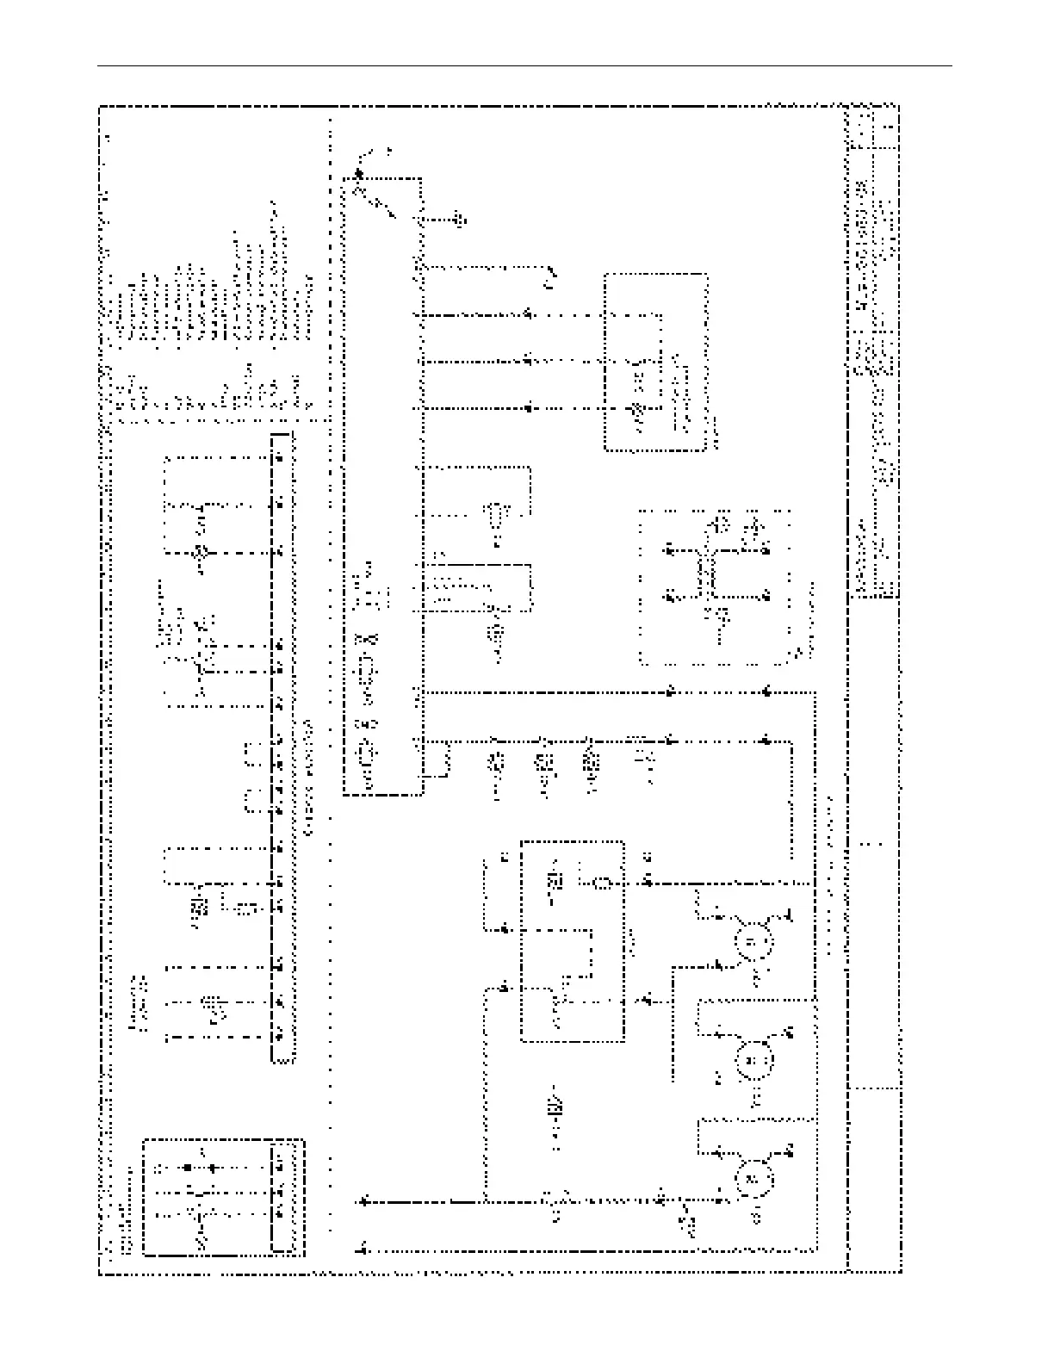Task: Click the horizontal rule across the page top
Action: coord(525,65)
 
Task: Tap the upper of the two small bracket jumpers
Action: coord(251,754)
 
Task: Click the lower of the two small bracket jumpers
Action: coord(251,801)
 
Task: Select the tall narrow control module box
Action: coord(382,487)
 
